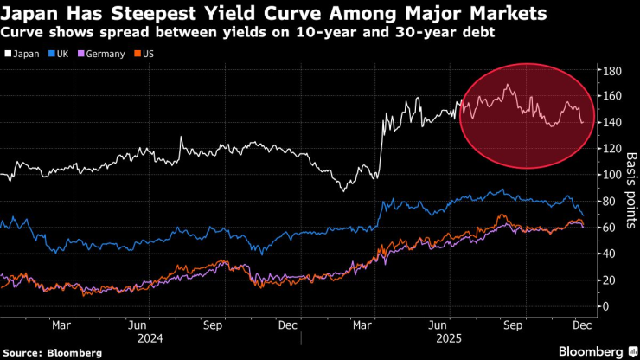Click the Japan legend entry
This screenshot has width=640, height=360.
(x=24, y=54)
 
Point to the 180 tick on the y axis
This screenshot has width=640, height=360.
(x=611, y=70)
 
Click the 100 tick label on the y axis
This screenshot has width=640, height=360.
(x=611, y=175)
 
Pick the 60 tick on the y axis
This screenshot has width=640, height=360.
(x=609, y=228)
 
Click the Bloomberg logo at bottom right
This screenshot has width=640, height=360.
(x=593, y=351)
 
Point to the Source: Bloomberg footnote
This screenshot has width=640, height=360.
(x=53, y=352)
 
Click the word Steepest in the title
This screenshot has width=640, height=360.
(x=138, y=14)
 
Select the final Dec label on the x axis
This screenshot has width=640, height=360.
(x=583, y=325)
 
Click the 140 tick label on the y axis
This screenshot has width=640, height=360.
(x=611, y=123)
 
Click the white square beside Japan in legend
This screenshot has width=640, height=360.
(x=9, y=54)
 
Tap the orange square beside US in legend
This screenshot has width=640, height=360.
(x=137, y=54)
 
